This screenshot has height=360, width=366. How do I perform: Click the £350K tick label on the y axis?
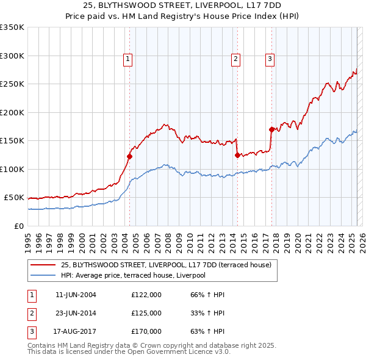12,27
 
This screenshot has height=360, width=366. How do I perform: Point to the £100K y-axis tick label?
12,169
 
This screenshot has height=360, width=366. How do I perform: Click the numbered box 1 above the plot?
128,59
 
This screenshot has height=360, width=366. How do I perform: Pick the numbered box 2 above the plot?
235,59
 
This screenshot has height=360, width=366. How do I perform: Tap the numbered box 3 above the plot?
270,59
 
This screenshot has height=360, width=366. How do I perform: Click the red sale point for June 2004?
129,157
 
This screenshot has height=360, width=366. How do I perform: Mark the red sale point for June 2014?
237,155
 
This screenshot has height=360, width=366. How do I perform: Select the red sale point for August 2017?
271,129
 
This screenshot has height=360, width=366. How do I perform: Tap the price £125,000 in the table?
146,313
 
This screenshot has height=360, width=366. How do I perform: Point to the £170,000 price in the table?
146,331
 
